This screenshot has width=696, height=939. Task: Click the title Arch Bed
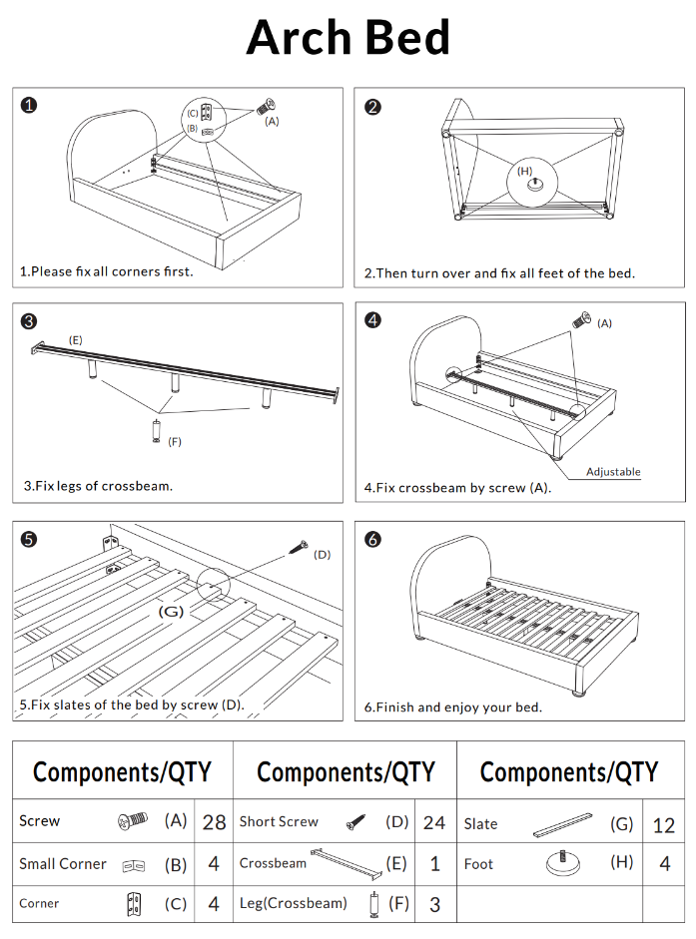(348, 38)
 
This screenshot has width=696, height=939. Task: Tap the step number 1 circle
(30, 105)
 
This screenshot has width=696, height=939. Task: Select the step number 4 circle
(372, 320)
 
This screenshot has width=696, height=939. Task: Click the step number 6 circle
(372, 539)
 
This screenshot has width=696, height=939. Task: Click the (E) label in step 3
(75, 340)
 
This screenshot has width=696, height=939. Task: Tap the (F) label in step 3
(175, 441)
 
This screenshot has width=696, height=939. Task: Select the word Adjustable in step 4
(612, 472)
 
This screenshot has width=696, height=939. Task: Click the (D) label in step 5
(322, 554)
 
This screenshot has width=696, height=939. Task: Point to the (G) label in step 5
(172, 611)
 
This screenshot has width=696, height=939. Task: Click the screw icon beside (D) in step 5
(298, 546)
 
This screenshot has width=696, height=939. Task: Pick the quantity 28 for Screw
(214, 822)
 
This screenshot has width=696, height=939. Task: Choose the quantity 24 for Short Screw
(434, 822)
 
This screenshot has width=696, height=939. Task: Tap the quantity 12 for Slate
(664, 824)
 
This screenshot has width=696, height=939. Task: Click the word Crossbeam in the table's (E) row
(273, 863)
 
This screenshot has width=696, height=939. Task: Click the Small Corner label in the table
(62, 864)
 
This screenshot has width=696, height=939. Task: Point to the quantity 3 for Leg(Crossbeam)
(434, 904)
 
